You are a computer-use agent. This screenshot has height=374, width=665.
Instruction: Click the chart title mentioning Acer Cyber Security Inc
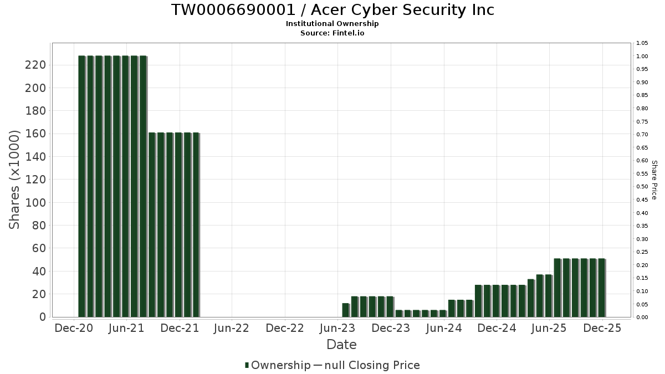tap(332, 10)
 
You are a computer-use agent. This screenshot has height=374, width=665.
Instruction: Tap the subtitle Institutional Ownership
tap(332, 24)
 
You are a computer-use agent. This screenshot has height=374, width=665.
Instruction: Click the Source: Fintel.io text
tap(332, 33)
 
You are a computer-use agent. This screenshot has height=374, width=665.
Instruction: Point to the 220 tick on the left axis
tap(35, 65)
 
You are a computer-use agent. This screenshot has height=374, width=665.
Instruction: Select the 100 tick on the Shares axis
tap(35, 203)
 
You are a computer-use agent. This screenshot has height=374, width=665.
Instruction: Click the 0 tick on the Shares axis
tap(42, 317)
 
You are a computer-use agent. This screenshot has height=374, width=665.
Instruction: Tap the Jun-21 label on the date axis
tap(126, 329)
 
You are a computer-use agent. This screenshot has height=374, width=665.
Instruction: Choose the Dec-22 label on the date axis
tap(285, 329)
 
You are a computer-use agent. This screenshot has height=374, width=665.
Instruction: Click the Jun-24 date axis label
tap(444, 329)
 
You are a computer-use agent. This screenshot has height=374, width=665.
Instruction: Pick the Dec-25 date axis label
tap(602, 329)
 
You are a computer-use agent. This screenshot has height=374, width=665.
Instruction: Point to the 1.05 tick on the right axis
tap(642, 43)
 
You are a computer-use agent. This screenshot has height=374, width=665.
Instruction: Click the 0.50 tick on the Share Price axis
tap(642, 187)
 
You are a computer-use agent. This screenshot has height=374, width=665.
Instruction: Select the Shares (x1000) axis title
tap(14, 180)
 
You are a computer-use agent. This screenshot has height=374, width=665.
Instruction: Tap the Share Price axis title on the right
tap(654, 180)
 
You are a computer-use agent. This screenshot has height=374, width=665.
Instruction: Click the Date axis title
tap(341, 345)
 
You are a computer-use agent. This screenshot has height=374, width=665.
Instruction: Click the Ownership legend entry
tap(278, 365)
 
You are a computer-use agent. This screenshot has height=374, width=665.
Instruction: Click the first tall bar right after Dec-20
tap(81, 186)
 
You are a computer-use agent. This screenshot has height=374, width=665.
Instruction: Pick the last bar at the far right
tap(601, 288)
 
